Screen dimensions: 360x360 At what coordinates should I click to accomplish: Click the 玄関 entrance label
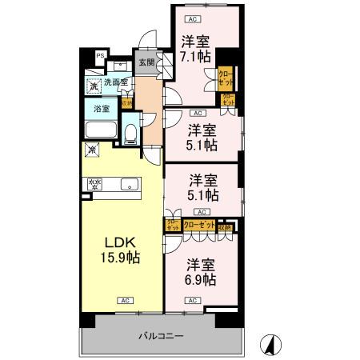point(146,62)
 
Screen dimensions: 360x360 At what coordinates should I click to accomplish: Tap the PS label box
point(101,55)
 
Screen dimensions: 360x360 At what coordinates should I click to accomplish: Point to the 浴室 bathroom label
point(102,109)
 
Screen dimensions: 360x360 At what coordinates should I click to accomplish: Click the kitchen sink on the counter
point(127,185)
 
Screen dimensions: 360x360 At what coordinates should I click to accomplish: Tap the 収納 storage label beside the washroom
point(126,102)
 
